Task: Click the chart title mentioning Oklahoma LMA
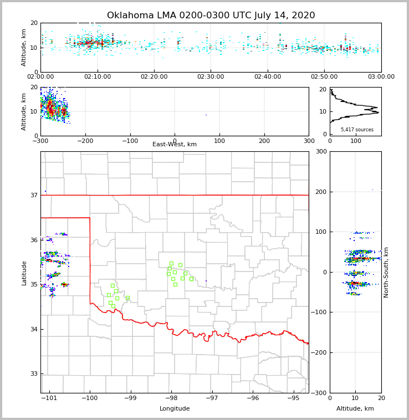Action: point(211,16)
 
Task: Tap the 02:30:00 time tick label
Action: point(211,77)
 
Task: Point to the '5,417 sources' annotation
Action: point(357,130)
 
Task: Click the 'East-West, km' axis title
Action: point(175,145)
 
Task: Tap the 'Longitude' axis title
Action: point(175,409)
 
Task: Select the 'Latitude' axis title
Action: point(24,273)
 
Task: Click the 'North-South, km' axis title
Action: point(386,272)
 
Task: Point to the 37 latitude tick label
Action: point(33,195)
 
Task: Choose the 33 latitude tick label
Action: point(33,373)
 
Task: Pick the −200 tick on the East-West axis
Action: point(85,141)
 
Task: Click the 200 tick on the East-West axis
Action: point(264,141)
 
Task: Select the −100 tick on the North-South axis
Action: point(321,313)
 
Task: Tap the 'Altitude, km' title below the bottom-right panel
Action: point(355,409)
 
